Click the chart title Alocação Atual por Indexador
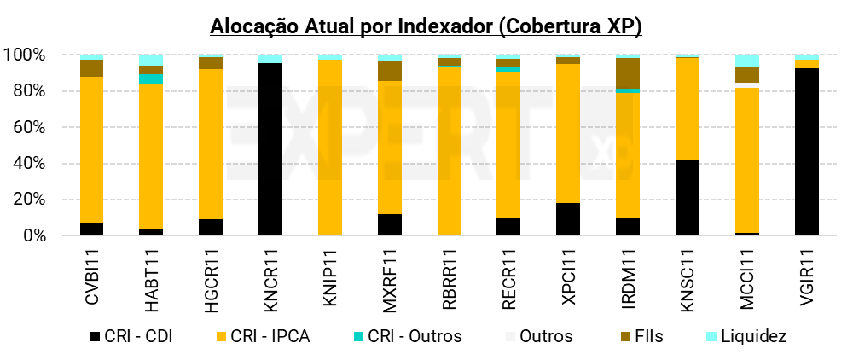pos(426,26)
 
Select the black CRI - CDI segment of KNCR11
pos(270,149)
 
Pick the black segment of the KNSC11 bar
pos(688,197)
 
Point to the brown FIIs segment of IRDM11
pos(628,73)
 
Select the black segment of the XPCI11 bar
pos(568,219)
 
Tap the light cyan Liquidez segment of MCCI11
pos(746,61)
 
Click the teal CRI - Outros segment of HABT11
pos(151,79)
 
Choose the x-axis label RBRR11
pos(449,272)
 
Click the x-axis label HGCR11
pos(211,272)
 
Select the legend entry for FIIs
pos(647,336)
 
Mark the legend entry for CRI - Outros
pos(413,336)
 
